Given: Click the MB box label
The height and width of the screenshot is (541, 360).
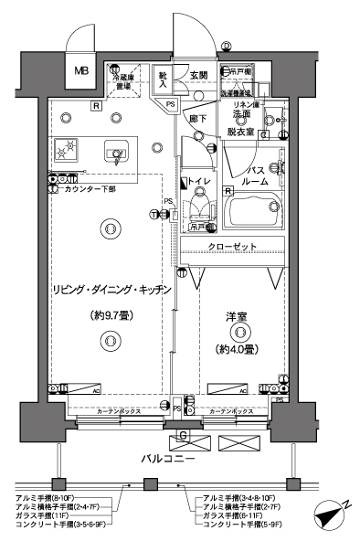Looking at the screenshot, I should click(81, 70).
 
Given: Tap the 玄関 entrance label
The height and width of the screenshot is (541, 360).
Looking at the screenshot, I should click(199, 75).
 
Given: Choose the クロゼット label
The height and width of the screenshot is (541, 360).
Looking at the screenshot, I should click(231, 247).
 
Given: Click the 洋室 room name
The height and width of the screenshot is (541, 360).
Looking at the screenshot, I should click(238, 316).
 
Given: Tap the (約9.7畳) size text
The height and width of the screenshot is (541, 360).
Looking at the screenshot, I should click(106, 316).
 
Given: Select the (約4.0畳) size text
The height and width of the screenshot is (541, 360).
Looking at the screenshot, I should click(237, 348).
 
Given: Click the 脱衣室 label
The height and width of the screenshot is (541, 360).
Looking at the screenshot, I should click(241, 132).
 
